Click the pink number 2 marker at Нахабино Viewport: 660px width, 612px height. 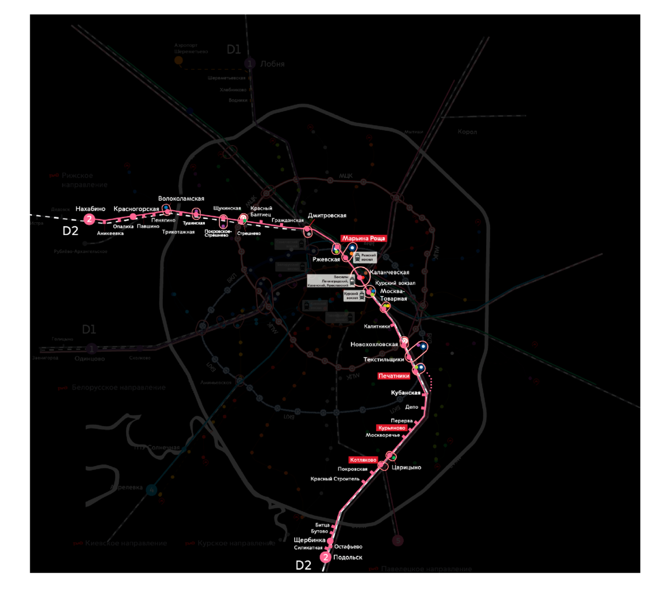(89, 219)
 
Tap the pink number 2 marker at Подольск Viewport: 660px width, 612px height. (326, 558)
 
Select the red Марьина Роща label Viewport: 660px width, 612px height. (364, 238)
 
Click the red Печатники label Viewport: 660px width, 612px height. (394, 376)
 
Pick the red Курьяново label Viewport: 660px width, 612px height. (392, 428)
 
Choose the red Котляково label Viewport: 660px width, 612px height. (362, 460)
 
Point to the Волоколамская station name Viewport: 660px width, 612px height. (181, 199)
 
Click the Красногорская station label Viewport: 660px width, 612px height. (136, 209)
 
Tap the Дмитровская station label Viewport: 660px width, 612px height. (327, 216)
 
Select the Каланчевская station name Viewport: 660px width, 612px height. (391, 272)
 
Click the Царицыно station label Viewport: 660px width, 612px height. (406, 467)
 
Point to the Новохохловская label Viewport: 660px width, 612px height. (374, 345)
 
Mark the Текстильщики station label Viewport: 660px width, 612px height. (383, 359)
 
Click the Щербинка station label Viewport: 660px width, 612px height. (310, 540)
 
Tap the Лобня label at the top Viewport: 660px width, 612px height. (272, 64)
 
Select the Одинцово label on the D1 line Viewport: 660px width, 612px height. (90, 359)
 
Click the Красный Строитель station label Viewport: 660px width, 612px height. (335, 479)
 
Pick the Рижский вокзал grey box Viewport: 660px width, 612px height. (365, 257)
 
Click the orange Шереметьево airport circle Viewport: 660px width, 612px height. (178, 60)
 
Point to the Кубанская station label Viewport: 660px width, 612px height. (406, 393)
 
